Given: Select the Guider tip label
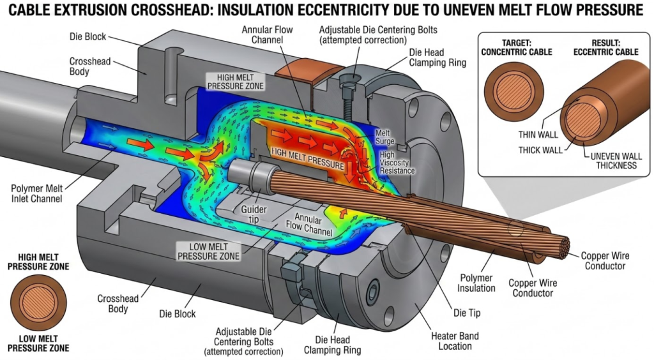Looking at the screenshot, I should pos(254,214).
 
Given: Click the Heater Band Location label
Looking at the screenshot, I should pos(455,341).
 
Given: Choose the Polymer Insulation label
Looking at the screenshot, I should pos(476,283).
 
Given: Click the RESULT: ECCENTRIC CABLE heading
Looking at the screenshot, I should pos(596,48).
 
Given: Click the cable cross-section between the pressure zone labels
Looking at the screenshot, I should pos(38,306).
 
